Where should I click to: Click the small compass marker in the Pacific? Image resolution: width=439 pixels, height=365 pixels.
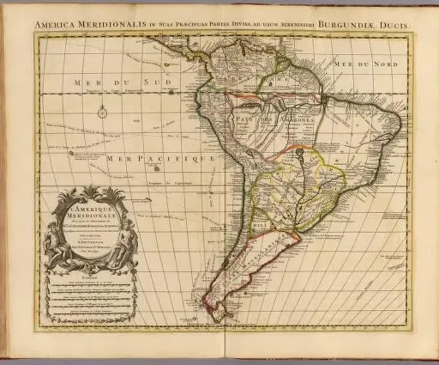pos(101,111)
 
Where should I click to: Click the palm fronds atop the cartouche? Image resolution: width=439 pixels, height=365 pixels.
pos(91,192)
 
